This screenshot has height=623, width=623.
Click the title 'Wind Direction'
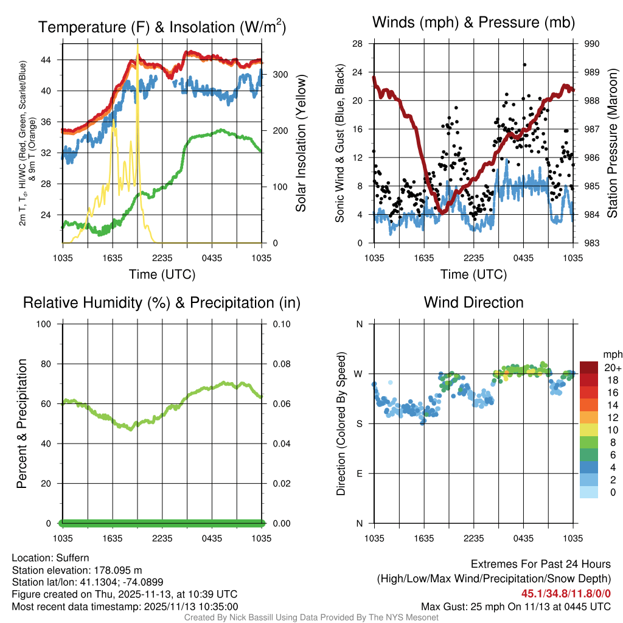point(473,302)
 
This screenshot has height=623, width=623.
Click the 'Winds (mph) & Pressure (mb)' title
point(473,23)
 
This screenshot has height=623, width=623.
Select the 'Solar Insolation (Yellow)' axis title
point(301,144)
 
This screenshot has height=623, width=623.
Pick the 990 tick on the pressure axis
point(593,44)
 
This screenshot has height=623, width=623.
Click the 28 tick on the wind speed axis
point(358,44)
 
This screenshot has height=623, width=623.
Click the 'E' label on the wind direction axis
point(360,473)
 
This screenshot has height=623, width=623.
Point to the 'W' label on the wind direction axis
point(359,374)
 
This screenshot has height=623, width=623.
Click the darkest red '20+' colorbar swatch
point(589,367)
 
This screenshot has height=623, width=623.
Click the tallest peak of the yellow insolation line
point(138,46)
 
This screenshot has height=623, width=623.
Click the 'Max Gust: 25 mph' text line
point(516,607)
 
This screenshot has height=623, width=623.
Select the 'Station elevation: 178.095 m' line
point(77,570)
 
